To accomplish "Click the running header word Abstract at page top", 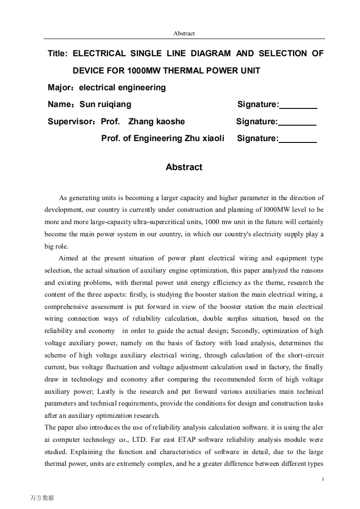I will [184, 33].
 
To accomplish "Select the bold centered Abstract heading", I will [184, 167].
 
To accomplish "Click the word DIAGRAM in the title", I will [211, 54].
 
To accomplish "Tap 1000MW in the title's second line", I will [144, 70].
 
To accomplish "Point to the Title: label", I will [58, 54].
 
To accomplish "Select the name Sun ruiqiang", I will [105, 104].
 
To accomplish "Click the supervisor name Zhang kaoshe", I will [157, 122].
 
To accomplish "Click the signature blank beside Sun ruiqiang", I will [298, 106].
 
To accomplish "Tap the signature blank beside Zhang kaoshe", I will [297, 122].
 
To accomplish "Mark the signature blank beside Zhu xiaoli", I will [298, 139].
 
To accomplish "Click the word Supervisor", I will [70, 122].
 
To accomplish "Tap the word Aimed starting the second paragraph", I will [69, 258].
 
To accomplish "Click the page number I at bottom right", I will [323, 479].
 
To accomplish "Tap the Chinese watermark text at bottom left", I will [42, 498].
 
